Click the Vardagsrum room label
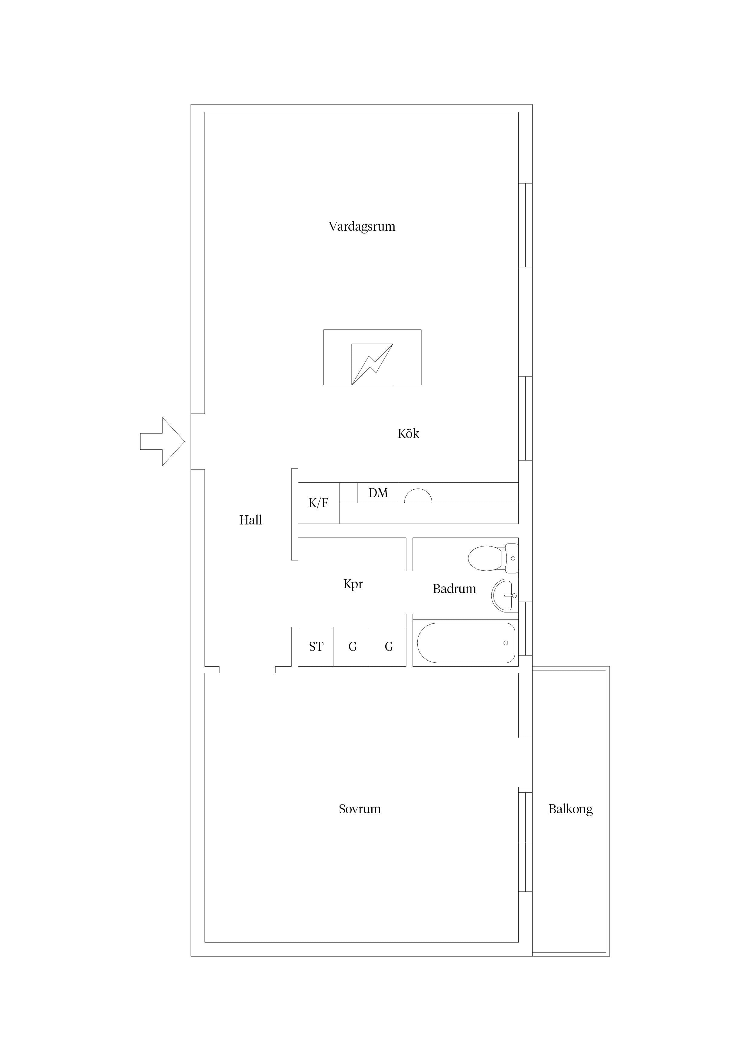362,227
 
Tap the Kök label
409,433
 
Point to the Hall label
250,520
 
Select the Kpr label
353,584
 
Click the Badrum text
454,589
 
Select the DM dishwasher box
378,493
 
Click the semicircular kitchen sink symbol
418,496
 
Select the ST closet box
316,646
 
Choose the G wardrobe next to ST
352,646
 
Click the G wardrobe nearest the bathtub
388,646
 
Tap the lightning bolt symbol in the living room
372,364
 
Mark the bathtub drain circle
506,643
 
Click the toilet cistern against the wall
512,558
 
